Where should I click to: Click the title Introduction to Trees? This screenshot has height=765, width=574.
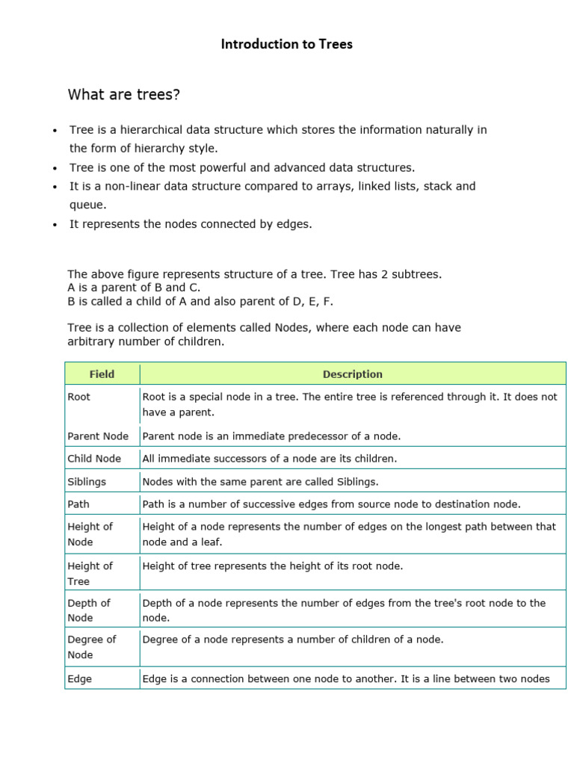pyautogui.click(x=286, y=44)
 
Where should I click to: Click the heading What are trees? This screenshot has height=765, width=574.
pyautogui.click(x=124, y=95)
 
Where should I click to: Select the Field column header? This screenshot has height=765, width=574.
pyautogui.click(x=102, y=374)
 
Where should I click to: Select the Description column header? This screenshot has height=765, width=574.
pyautogui.click(x=352, y=374)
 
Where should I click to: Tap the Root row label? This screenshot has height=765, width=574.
pyautogui.click(x=78, y=397)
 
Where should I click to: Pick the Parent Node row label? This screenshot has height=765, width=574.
pyautogui.click(x=98, y=436)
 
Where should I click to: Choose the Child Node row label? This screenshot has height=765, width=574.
pyautogui.click(x=94, y=459)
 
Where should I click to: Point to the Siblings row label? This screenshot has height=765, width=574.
pyautogui.click(x=87, y=482)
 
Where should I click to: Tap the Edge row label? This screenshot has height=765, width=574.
pyautogui.click(x=79, y=679)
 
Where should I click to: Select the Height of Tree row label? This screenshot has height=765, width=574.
pyautogui.click(x=90, y=573)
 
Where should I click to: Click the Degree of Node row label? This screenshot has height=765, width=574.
pyautogui.click(x=92, y=647)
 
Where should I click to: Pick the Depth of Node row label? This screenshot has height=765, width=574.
pyautogui.click(x=89, y=610)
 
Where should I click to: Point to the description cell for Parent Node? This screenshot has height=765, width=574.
pyautogui.click(x=271, y=436)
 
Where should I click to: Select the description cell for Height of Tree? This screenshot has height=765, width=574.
pyautogui.click(x=272, y=566)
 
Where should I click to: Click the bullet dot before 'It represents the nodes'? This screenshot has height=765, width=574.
pyautogui.click(x=55, y=225)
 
